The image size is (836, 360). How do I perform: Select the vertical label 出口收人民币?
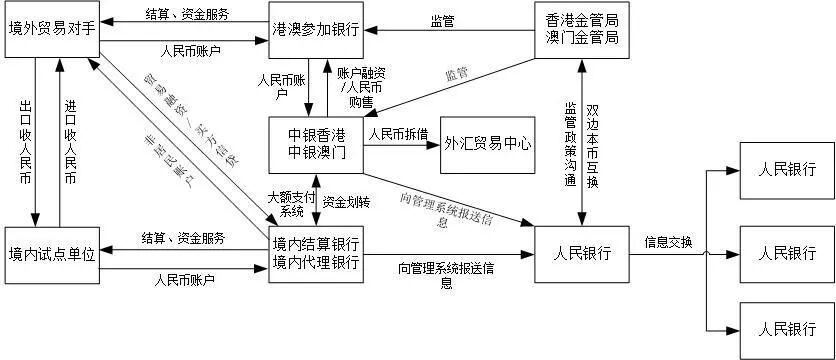pyautogui.click(x=24, y=141)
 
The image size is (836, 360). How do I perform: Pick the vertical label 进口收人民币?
pyautogui.click(x=70, y=141)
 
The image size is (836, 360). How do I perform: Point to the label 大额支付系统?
pyautogui.click(x=291, y=204)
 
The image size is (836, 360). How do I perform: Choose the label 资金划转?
pyautogui.click(x=346, y=201)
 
